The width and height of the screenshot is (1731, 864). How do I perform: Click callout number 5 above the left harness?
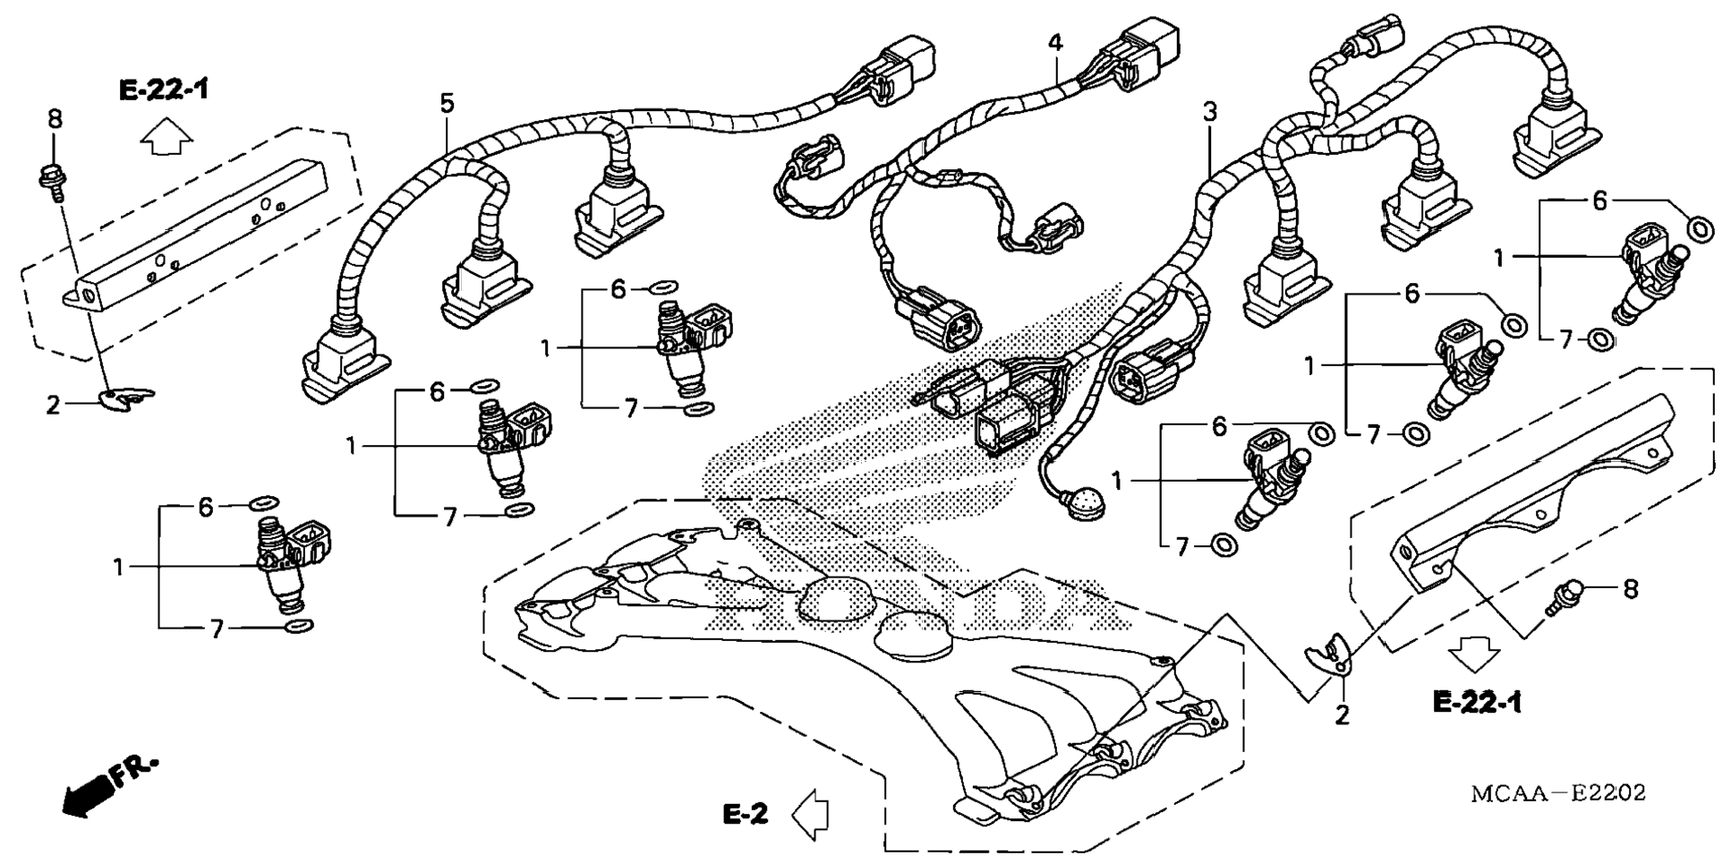(x=447, y=104)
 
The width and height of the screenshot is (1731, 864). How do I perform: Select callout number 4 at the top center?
(x=1056, y=42)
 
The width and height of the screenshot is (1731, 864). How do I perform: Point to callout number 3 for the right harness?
(x=1210, y=113)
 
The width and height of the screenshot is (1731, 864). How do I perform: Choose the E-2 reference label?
(x=745, y=814)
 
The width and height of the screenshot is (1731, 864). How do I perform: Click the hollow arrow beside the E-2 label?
(x=811, y=814)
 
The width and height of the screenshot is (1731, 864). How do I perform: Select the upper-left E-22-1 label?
(x=163, y=89)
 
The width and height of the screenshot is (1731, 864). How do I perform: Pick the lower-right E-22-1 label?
(x=1477, y=703)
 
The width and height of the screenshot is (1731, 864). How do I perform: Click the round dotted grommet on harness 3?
(x=1086, y=502)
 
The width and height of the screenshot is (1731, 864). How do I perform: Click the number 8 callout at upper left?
(x=55, y=119)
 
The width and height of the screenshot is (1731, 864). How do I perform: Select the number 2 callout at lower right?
(x=1342, y=715)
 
